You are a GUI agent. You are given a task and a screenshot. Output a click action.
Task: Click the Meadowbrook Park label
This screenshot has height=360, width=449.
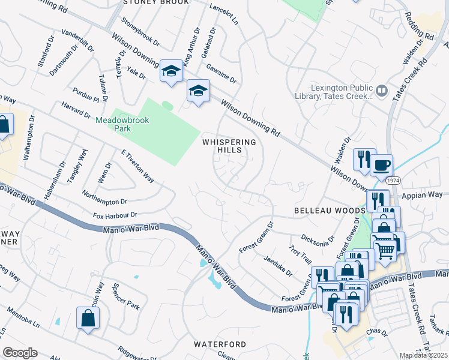122,124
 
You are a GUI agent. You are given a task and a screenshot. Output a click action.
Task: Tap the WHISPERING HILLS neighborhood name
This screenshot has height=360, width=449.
229,146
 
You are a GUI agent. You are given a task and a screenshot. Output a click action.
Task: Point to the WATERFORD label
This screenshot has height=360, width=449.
220,344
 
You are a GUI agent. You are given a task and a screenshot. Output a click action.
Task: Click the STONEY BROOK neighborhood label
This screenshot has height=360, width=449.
156,2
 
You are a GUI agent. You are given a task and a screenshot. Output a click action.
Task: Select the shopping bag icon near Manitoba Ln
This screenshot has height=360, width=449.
88,318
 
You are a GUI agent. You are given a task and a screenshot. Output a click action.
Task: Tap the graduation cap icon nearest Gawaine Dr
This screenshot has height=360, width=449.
198,91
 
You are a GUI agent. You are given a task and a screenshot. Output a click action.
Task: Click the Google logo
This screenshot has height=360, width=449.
20,353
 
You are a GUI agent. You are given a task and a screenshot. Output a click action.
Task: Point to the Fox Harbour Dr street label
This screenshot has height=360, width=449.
115,215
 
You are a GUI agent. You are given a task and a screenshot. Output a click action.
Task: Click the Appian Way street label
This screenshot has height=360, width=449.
426,195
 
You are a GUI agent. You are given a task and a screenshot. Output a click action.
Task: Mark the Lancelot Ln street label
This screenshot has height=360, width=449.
224,14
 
